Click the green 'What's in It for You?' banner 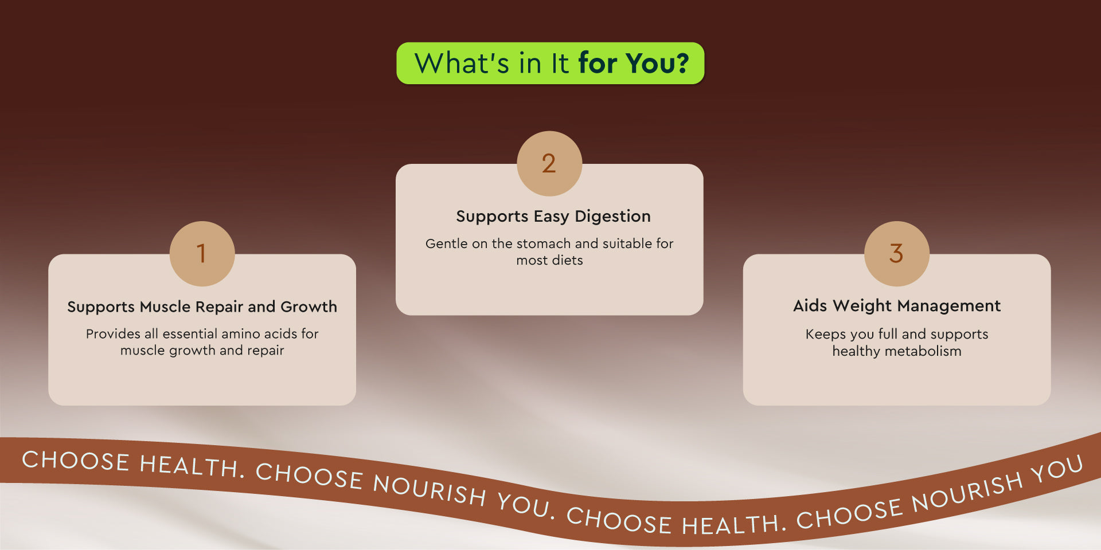[550, 63]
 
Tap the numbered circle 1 [202, 253]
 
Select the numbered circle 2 [549, 163]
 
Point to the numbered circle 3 [897, 253]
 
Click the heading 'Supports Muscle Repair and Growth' [202, 307]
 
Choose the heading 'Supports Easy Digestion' [553, 217]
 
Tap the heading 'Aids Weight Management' [897, 306]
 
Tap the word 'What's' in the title [462, 63]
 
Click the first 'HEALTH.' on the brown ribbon [193, 466]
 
